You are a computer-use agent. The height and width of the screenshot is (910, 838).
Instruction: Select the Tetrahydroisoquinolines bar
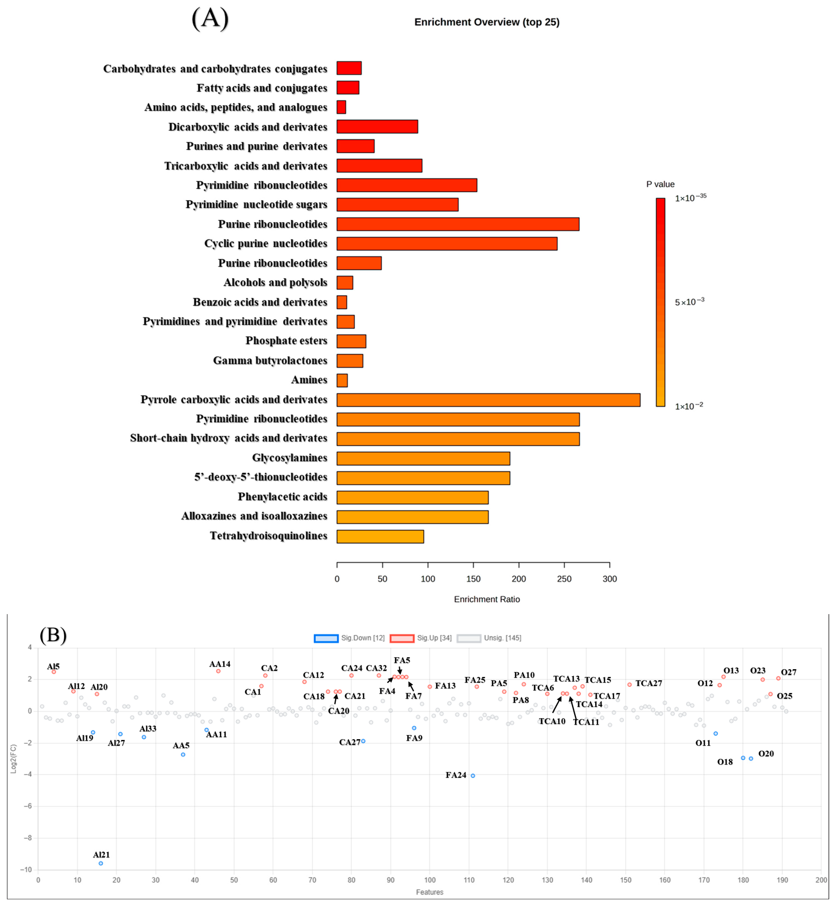pos(380,536)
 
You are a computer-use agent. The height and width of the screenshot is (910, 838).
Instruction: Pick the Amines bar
pos(342,380)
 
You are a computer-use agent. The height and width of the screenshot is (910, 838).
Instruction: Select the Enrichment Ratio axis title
pos(487,599)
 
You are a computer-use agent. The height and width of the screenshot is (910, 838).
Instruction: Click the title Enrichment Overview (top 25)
pos(487,22)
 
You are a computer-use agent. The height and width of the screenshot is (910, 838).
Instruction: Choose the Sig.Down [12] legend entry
pos(349,638)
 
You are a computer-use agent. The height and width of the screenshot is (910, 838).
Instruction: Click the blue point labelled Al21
pos(101,863)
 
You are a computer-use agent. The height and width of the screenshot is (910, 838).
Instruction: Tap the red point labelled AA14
pos(218,671)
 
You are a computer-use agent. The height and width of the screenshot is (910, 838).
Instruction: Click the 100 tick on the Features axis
pos(429,880)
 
